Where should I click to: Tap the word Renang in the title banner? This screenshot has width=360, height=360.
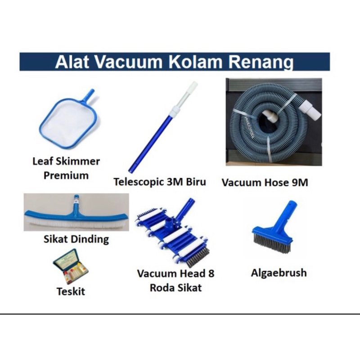[261, 63]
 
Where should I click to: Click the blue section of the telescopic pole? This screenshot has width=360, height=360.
[150, 143]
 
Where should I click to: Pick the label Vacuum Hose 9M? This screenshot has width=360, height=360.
[265, 183]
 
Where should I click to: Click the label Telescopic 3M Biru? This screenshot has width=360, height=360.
[160, 182]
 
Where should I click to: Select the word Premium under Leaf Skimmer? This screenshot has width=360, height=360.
[66, 175]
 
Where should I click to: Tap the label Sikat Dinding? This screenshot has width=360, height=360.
[76, 239]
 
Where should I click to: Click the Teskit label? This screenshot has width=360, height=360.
[71, 292]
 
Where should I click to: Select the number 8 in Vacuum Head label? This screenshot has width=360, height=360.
[211, 274]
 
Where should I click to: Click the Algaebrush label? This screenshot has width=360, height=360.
[279, 273]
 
